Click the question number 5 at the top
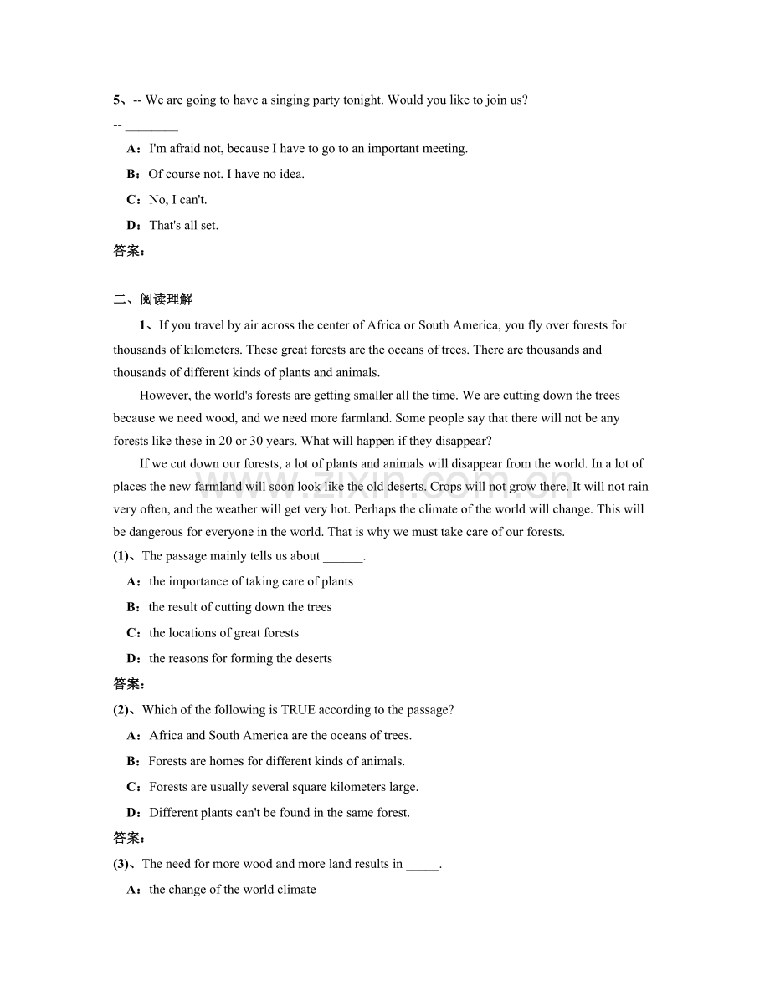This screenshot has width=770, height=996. pos(117,100)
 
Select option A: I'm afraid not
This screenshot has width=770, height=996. pos(307,149)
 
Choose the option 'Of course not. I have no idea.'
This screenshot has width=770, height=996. pos(226,174)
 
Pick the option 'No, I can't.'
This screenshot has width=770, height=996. pos(177,200)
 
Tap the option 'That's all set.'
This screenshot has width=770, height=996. pos(183,225)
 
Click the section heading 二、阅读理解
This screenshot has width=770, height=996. pos(152,299)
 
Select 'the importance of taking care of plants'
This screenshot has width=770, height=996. pos(250,581)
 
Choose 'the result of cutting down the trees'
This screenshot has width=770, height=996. pos(239,607)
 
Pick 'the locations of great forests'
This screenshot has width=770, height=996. pos(223,633)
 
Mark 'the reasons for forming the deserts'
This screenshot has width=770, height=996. pos(240,658)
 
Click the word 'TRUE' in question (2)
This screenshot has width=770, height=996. pos(298,710)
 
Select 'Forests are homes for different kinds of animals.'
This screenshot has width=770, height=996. pos(276,761)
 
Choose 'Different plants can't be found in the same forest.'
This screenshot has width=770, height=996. pos(280,812)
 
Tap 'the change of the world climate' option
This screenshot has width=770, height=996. pos(232,890)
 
